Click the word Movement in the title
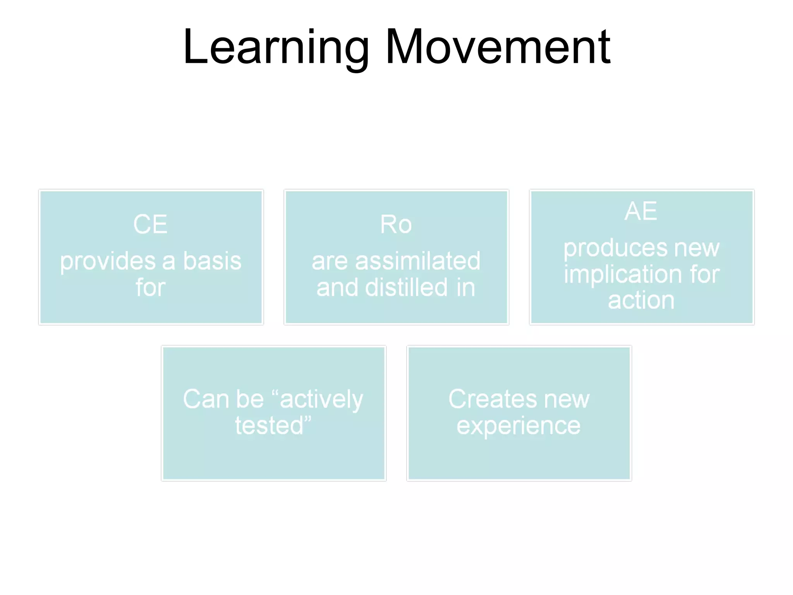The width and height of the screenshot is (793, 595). click(498, 47)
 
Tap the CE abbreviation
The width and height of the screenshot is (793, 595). click(150, 224)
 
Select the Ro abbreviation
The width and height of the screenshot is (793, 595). click(396, 224)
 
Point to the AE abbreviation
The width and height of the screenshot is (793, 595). click(641, 211)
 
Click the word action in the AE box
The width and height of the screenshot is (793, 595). click(641, 300)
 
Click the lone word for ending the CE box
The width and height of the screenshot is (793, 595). click(150, 287)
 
